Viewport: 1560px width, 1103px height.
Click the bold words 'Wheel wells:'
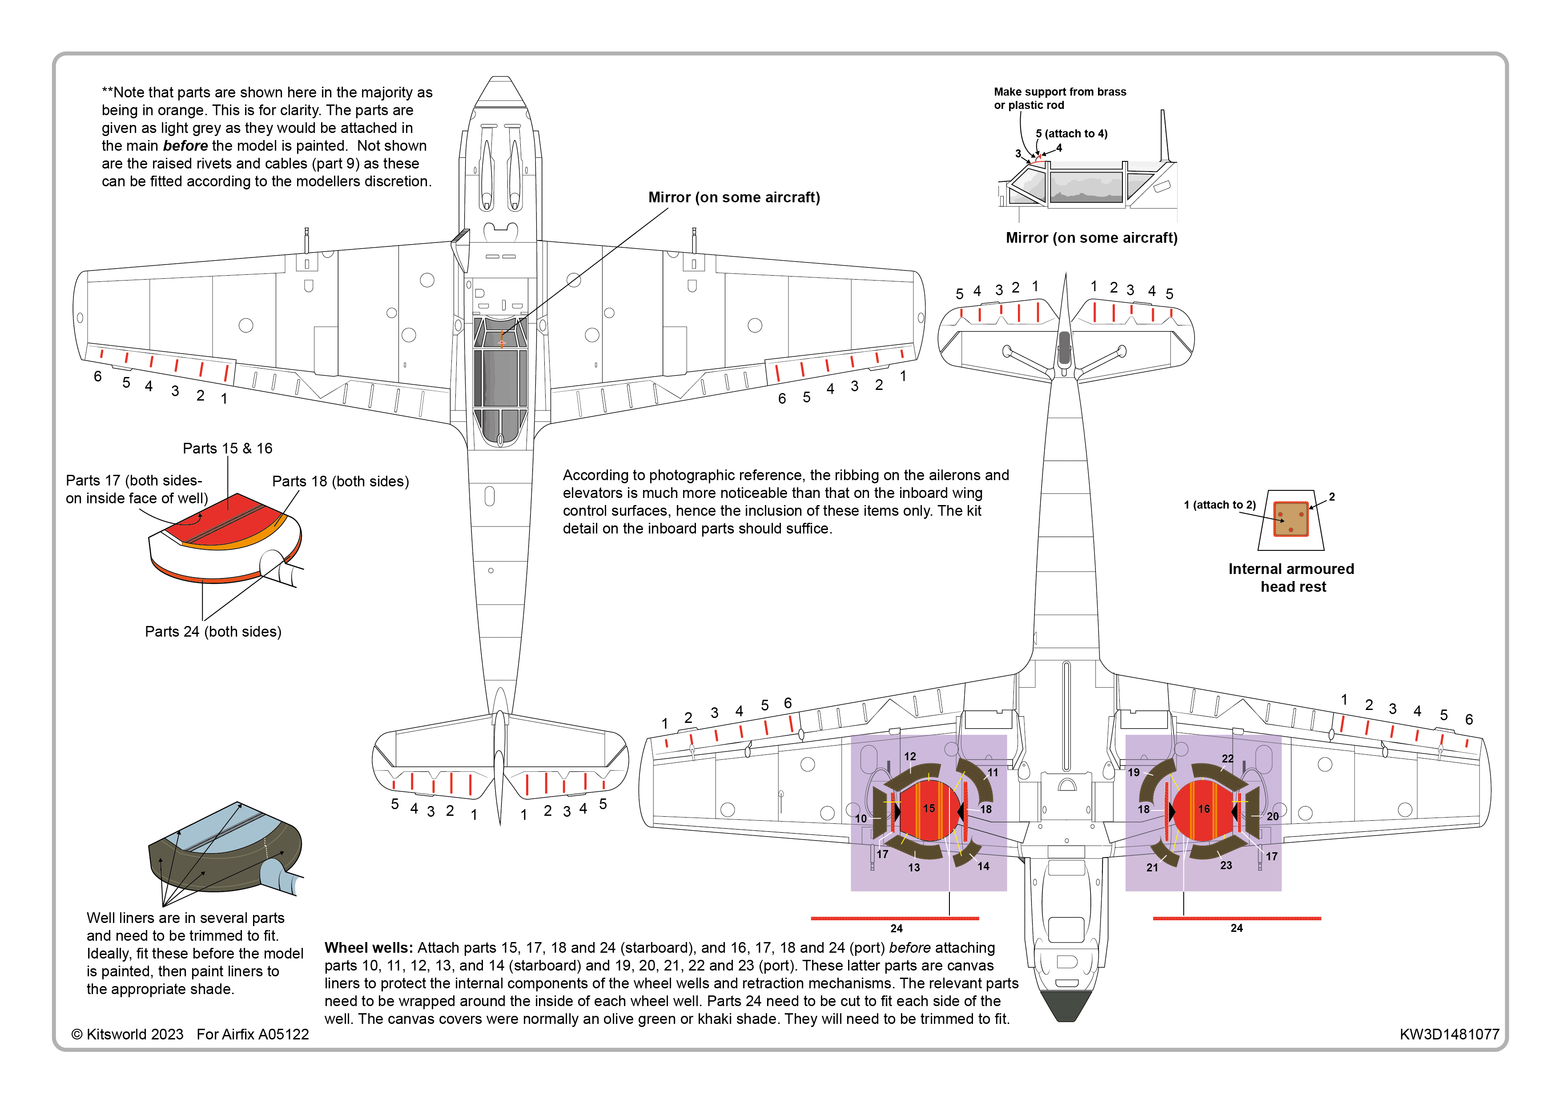click(x=368, y=948)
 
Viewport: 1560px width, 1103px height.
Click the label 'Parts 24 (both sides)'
click(x=213, y=632)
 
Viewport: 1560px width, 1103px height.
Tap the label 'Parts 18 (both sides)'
click(x=340, y=481)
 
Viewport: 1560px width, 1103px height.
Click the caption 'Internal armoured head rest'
click(x=1291, y=578)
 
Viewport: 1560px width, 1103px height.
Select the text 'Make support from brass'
click(x=1059, y=92)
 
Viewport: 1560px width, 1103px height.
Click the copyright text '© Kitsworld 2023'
click(x=128, y=1035)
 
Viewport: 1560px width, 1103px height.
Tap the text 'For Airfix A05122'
click(x=253, y=1035)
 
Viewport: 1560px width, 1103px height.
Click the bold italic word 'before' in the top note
click(x=185, y=146)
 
